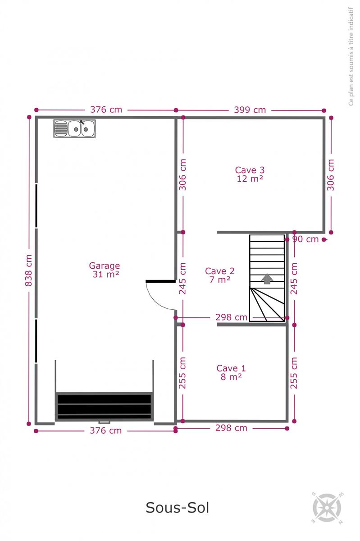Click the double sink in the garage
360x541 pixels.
[x=74, y=128]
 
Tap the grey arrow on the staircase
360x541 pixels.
[x=267, y=279]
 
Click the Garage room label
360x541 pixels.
[x=105, y=266]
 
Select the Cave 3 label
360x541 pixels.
[x=250, y=170]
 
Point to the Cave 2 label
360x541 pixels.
[x=220, y=271]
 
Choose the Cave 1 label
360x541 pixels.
[x=231, y=368]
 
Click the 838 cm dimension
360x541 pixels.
[x=28, y=270]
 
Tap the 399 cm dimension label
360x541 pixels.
[x=250, y=110]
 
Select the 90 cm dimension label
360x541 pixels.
[x=305, y=239]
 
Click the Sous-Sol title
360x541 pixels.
[x=178, y=508]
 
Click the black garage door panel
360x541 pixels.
[x=105, y=407]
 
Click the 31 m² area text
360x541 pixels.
[x=106, y=275]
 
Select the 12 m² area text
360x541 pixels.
[x=250, y=179]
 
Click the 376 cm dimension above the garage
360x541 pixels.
[x=106, y=110]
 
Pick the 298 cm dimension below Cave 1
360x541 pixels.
[x=231, y=428]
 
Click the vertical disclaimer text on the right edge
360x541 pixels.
[x=351, y=56]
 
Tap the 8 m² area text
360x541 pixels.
[x=231, y=377]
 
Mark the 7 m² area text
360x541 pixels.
[x=220, y=280]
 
